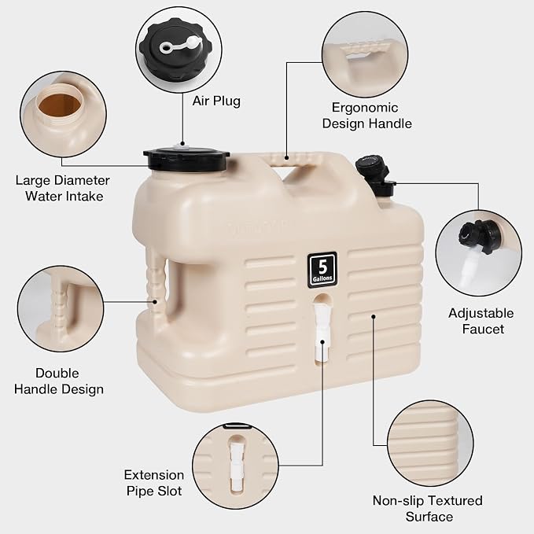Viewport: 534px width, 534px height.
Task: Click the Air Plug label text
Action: pos(216,101)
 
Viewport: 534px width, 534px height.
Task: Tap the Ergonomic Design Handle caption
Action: pos(366,116)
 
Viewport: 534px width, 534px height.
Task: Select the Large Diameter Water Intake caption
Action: pos(63,188)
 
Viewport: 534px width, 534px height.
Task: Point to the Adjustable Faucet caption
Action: pos(481,321)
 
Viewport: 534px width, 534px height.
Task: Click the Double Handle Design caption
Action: pos(58,381)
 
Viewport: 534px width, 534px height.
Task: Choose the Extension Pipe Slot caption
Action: pos(154,483)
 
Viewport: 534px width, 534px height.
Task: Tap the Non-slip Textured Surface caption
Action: pos(428,509)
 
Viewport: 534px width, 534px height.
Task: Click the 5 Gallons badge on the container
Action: pos(322,270)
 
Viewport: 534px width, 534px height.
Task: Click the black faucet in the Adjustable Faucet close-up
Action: pos(480,236)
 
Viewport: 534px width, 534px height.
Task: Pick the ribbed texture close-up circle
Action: pos(430,444)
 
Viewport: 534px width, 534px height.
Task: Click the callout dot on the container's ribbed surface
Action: pos(374,317)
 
